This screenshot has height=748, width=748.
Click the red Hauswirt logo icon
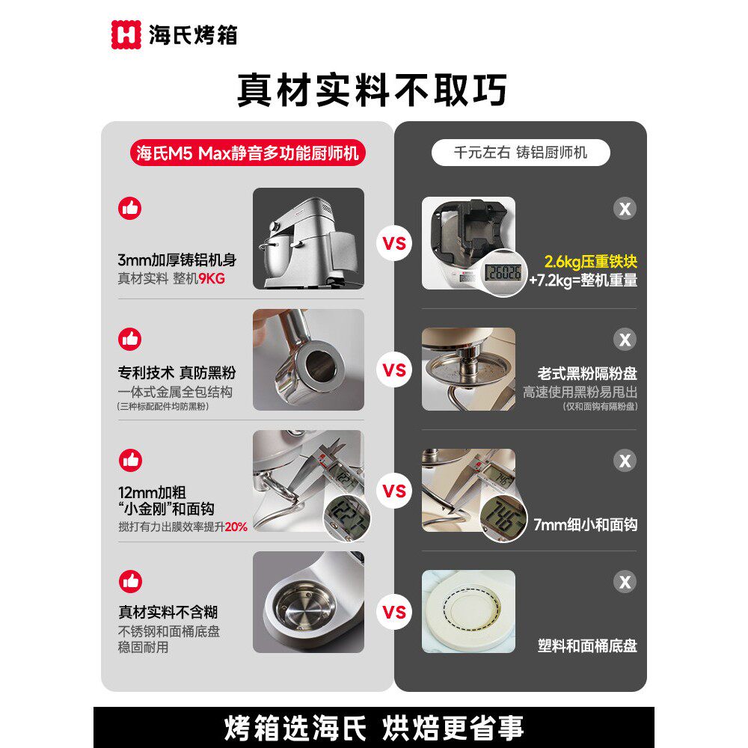pos(126,34)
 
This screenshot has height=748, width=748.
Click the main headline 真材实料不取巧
pos(372,90)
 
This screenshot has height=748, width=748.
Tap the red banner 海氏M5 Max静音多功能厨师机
pos(248,153)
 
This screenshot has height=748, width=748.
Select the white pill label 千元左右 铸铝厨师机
pos(521,153)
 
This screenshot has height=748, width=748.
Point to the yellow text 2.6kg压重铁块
pos(590,263)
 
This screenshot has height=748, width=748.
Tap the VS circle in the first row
pos(394,244)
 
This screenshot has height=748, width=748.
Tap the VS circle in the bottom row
pos(394,613)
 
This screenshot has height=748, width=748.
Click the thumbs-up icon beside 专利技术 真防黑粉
pos(130,339)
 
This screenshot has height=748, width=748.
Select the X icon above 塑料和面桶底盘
pos(625,581)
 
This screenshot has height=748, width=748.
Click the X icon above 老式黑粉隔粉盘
pos(625,340)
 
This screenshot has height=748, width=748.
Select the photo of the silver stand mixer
pos(308,239)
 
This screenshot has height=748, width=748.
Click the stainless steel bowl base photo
pos(308,602)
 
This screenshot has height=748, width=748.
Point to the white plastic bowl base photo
pos(468,611)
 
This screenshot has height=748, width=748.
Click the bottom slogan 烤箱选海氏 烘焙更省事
pos(374,727)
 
